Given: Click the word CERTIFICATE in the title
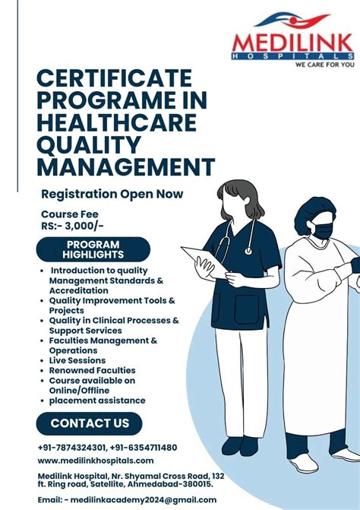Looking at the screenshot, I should tap(115, 79).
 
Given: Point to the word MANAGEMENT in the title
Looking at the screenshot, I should tap(125, 166).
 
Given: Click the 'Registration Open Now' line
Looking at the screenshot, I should tap(112, 194).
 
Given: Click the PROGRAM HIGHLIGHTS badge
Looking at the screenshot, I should tap(93, 249).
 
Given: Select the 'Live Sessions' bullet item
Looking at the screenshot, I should tap(77, 360).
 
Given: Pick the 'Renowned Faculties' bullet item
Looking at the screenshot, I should tap(93, 370).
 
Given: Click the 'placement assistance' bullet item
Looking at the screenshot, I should tap(97, 400).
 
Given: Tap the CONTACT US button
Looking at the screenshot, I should tap(90, 423).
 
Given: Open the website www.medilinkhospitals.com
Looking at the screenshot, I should tap(96, 461).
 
